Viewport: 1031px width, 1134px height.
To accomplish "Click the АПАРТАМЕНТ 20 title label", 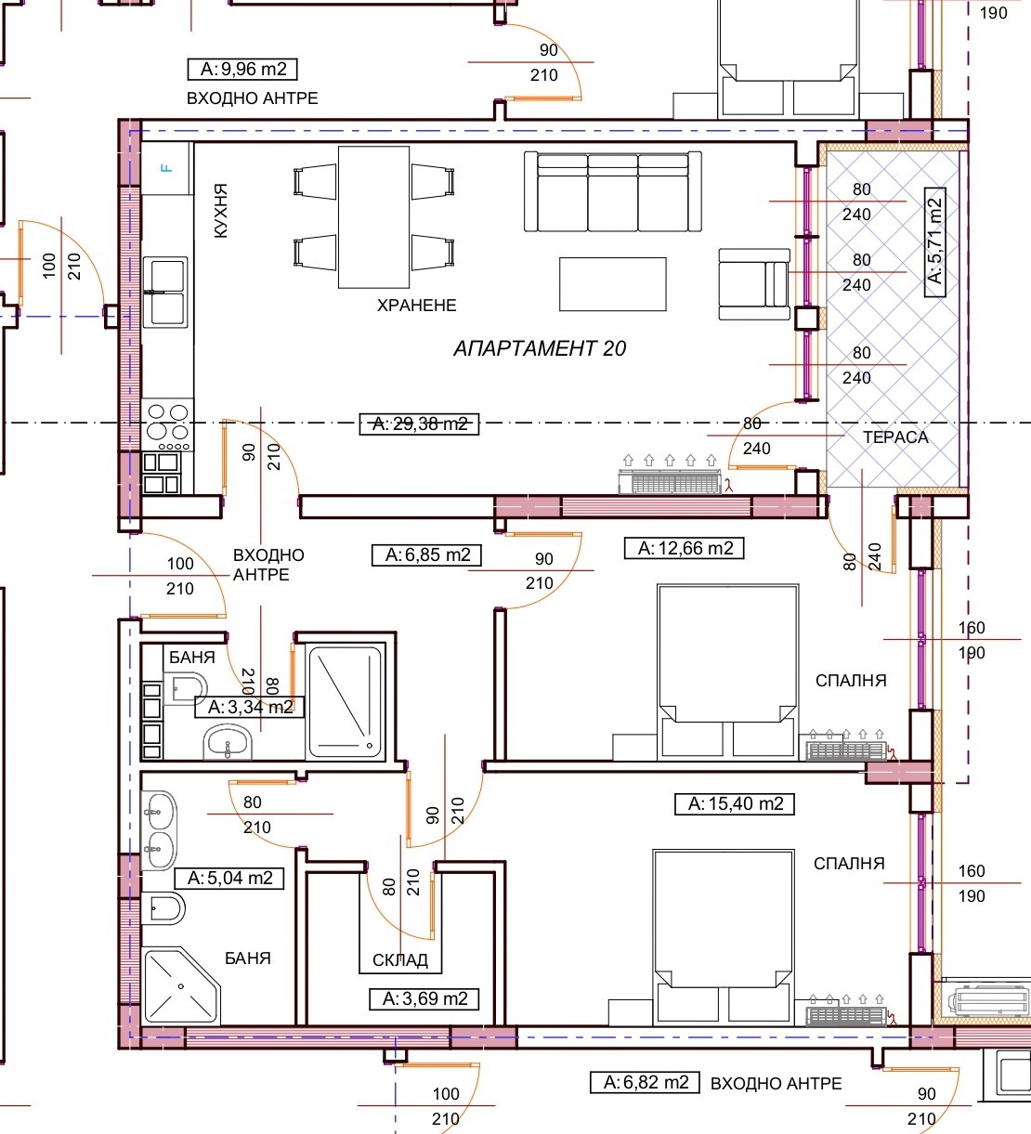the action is [x=540, y=348].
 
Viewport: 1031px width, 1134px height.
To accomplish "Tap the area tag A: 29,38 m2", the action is [x=419, y=424].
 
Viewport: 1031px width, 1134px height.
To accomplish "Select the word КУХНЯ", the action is [x=221, y=210].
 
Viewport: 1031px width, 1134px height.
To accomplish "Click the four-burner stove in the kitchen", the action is [x=167, y=425].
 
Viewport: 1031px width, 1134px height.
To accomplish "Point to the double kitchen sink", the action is [x=165, y=293].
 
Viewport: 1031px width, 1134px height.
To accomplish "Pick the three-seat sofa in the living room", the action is [x=613, y=191].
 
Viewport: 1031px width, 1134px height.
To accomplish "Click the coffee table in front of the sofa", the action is [x=613, y=284].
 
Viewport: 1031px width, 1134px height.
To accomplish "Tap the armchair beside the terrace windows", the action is [x=754, y=284].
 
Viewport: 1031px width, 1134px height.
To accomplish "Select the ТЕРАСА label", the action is [x=895, y=437].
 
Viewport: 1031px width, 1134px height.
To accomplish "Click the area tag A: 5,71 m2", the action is [x=935, y=242].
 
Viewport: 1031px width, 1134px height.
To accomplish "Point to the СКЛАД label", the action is [x=399, y=960].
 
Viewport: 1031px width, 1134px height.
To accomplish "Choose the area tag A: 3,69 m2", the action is [x=424, y=999].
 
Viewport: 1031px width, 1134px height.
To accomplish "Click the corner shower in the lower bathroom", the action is [x=181, y=986].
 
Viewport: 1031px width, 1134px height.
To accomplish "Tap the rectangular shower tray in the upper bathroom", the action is [x=345, y=702].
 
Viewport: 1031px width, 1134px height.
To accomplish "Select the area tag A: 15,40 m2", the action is [x=735, y=803].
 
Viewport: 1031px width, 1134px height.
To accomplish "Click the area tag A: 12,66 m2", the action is [x=685, y=548].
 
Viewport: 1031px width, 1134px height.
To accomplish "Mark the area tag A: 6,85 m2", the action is [x=427, y=554].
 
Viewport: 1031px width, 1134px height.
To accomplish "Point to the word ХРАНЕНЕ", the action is [x=417, y=306].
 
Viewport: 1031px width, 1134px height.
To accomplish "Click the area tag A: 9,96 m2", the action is [x=242, y=69].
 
